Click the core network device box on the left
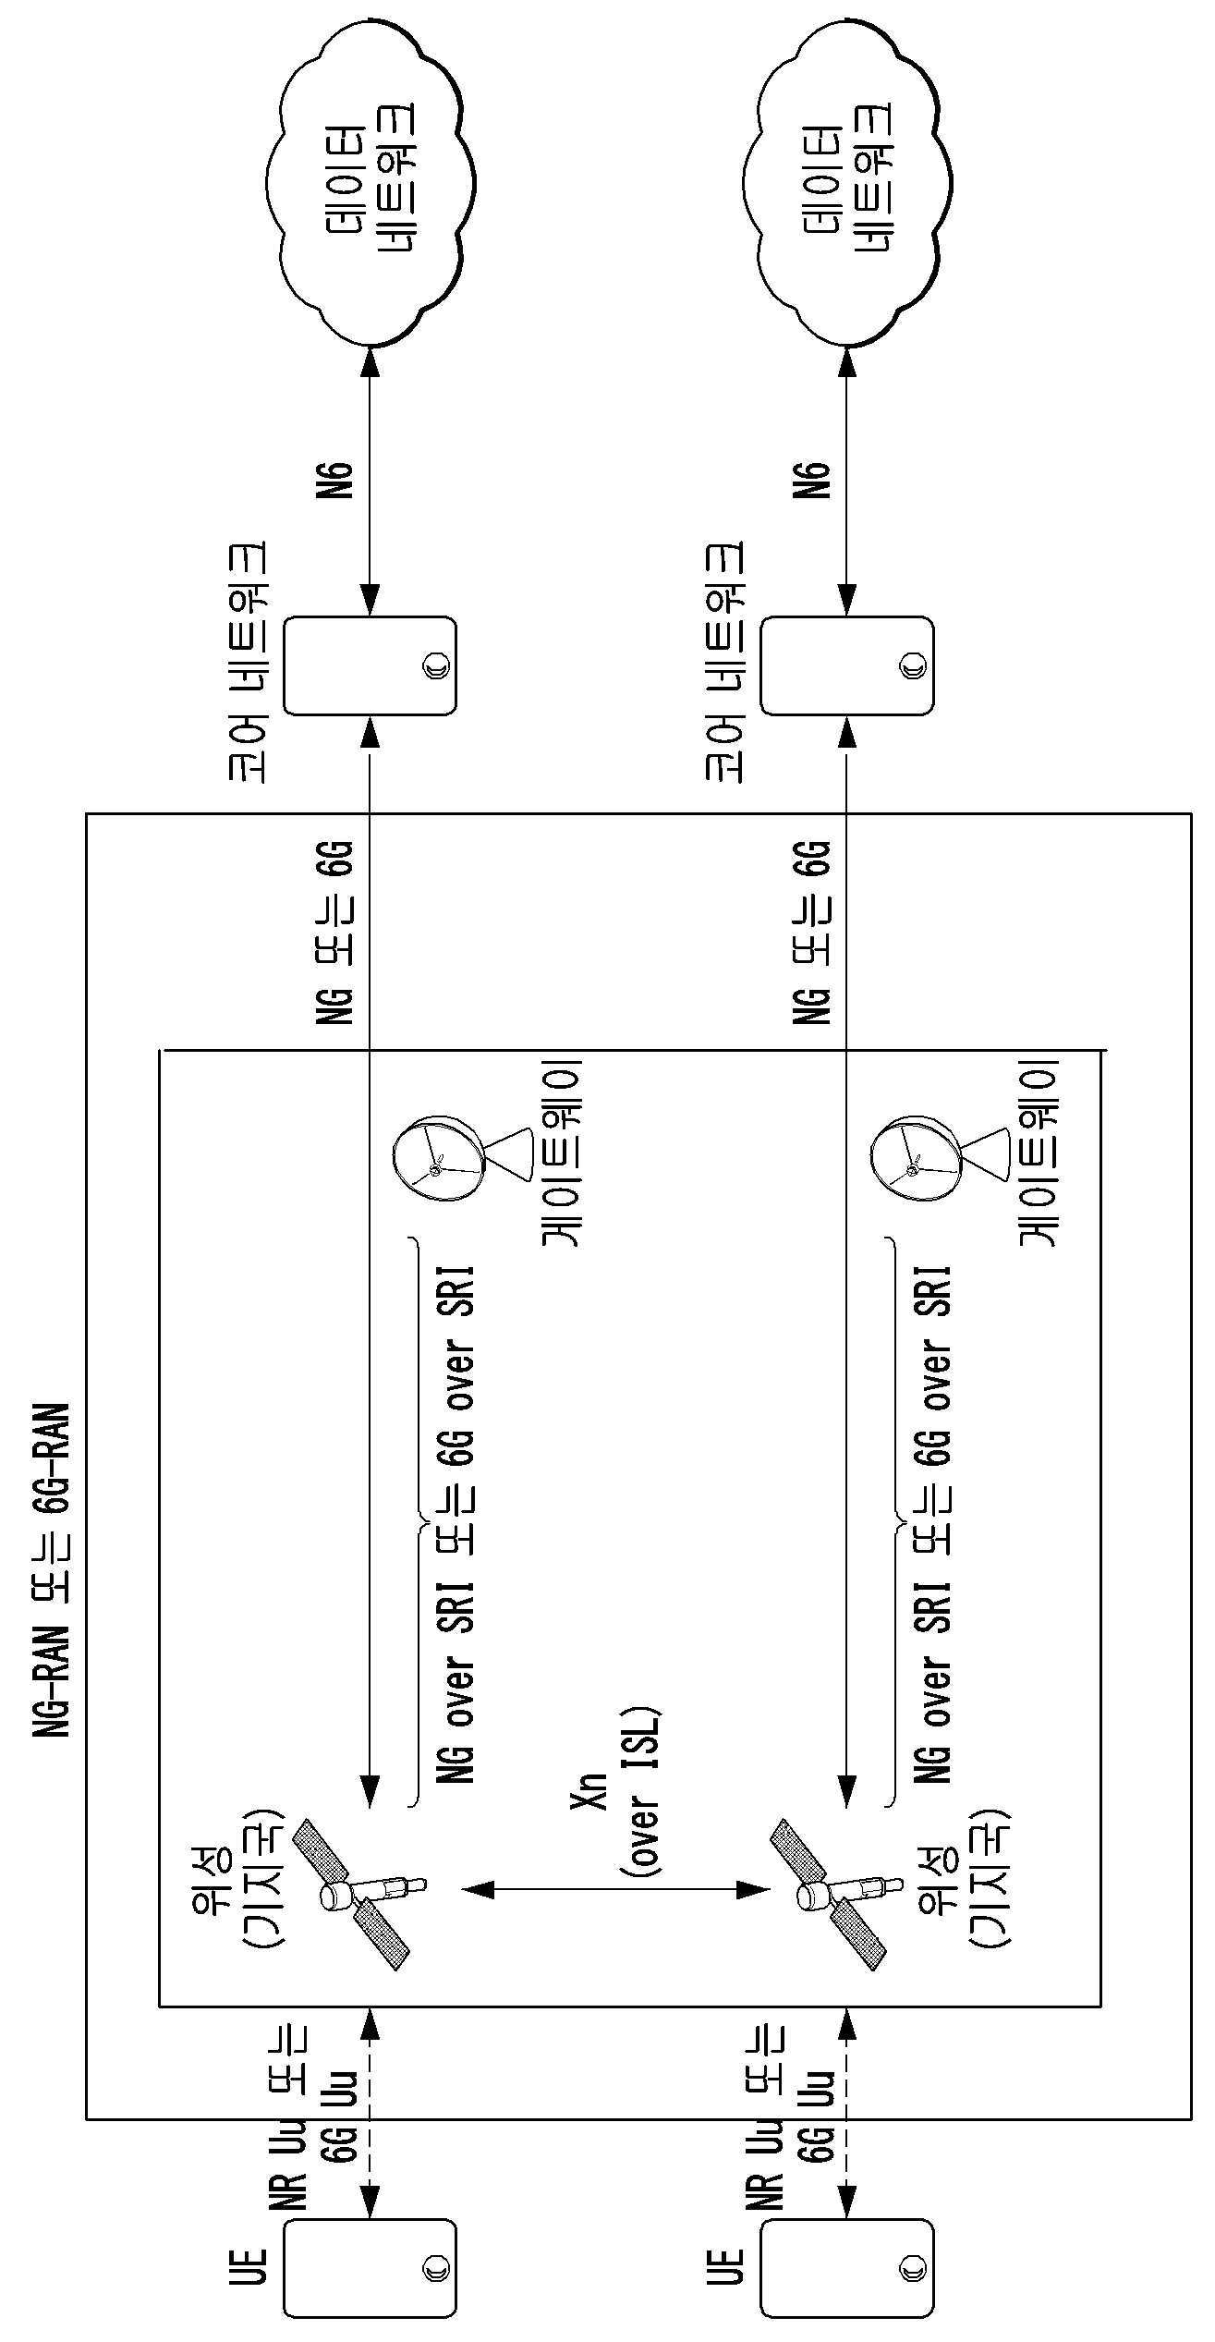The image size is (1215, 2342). [x=370, y=665]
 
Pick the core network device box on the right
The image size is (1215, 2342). [x=846, y=665]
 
